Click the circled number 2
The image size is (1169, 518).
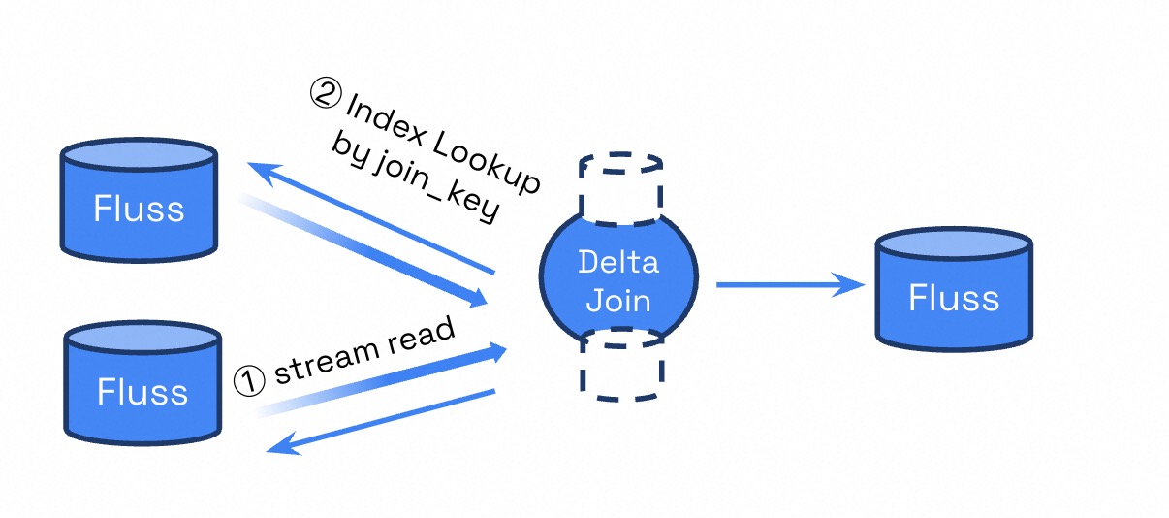pos(326,94)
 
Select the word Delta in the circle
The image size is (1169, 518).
pos(617,262)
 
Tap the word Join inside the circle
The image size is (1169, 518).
pos(617,299)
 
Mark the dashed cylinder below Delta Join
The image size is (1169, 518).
pos(620,367)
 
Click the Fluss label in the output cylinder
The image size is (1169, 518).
pos(954,297)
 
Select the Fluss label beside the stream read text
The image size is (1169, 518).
pos(142,391)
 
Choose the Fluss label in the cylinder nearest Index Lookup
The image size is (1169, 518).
pos(139,209)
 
